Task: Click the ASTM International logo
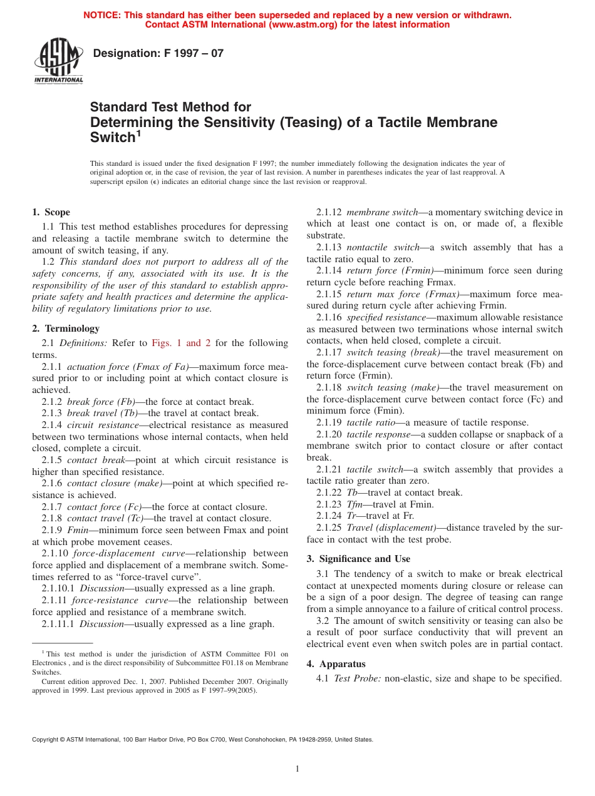(x=58, y=61)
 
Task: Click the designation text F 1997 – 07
(x=158, y=54)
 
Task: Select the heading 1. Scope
(x=51, y=212)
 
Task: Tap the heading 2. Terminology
(x=66, y=329)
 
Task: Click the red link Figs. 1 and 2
(x=181, y=343)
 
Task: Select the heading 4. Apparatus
(x=336, y=664)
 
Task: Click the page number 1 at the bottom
(x=297, y=769)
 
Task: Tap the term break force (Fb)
(x=97, y=402)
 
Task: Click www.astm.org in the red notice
(x=302, y=25)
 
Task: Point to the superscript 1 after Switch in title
(x=139, y=132)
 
